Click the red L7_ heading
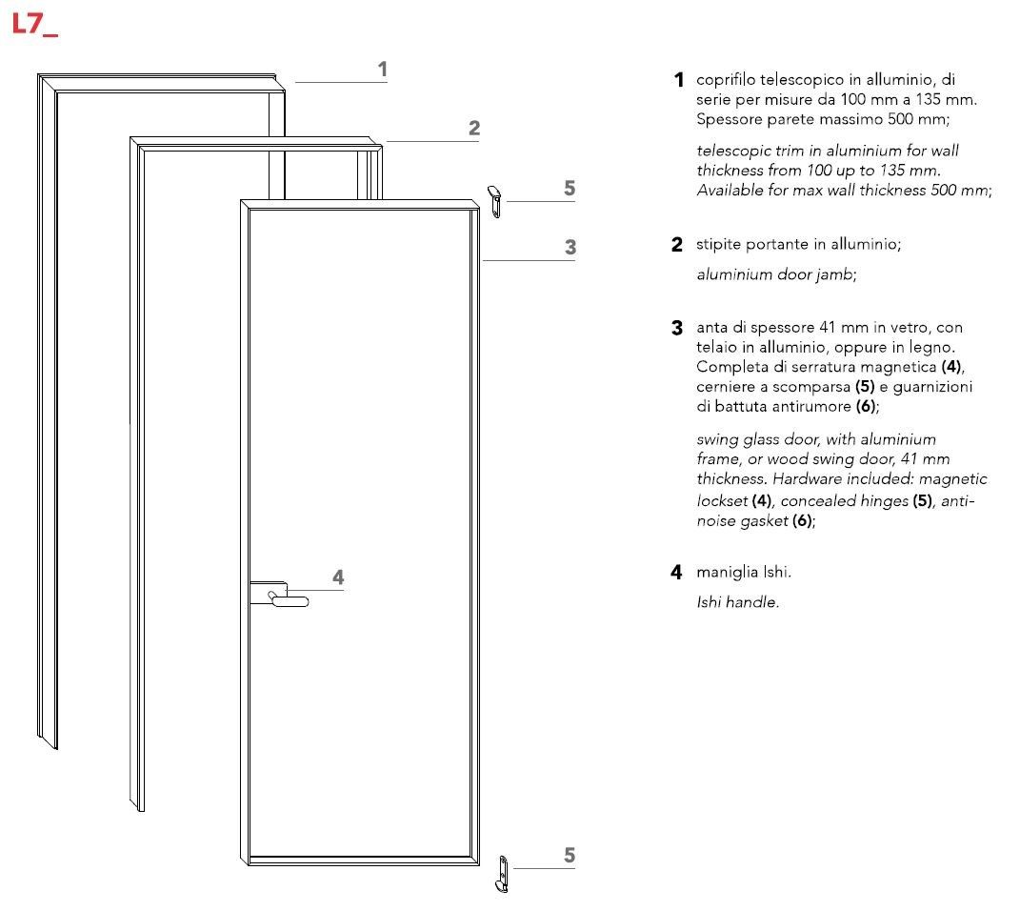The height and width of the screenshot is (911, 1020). point(34,25)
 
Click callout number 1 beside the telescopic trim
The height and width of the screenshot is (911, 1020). point(382,69)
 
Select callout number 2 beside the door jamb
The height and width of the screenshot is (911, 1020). point(474,128)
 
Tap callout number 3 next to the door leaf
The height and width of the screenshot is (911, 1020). point(570,247)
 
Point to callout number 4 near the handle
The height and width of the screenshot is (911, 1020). point(337,577)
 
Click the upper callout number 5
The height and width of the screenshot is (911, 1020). point(570,188)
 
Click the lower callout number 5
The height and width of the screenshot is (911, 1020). point(570,855)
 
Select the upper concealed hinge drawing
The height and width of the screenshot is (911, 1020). point(495,201)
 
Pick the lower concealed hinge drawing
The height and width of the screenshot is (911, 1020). point(501,874)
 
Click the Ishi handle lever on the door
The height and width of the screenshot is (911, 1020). point(289,600)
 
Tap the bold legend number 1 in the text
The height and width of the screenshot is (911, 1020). point(679,81)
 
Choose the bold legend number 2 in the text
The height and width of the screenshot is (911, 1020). point(677,245)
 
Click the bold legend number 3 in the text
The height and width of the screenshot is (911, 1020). point(677,329)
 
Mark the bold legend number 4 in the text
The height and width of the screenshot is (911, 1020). point(677,573)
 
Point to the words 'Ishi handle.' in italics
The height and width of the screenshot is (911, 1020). point(737,602)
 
